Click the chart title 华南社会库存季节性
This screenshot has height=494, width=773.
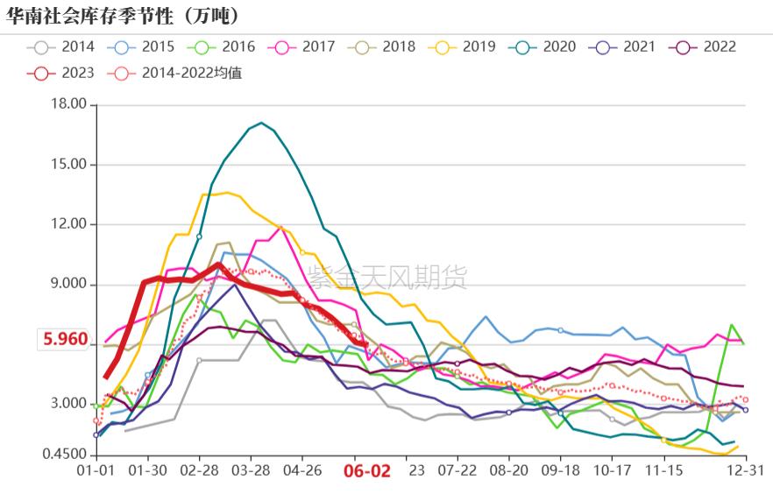click(x=123, y=16)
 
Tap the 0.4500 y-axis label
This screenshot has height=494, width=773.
click(x=67, y=455)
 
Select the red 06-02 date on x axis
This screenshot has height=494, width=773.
click(x=366, y=471)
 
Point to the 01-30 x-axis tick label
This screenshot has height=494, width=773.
click(x=148, y=470)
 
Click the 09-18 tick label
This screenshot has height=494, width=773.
click(x=561, y=470)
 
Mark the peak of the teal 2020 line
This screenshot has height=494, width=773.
click(x=261, y=123)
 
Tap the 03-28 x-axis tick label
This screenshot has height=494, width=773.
click(x=251, y=470)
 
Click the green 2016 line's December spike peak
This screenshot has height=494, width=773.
click(x=732, y=325)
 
